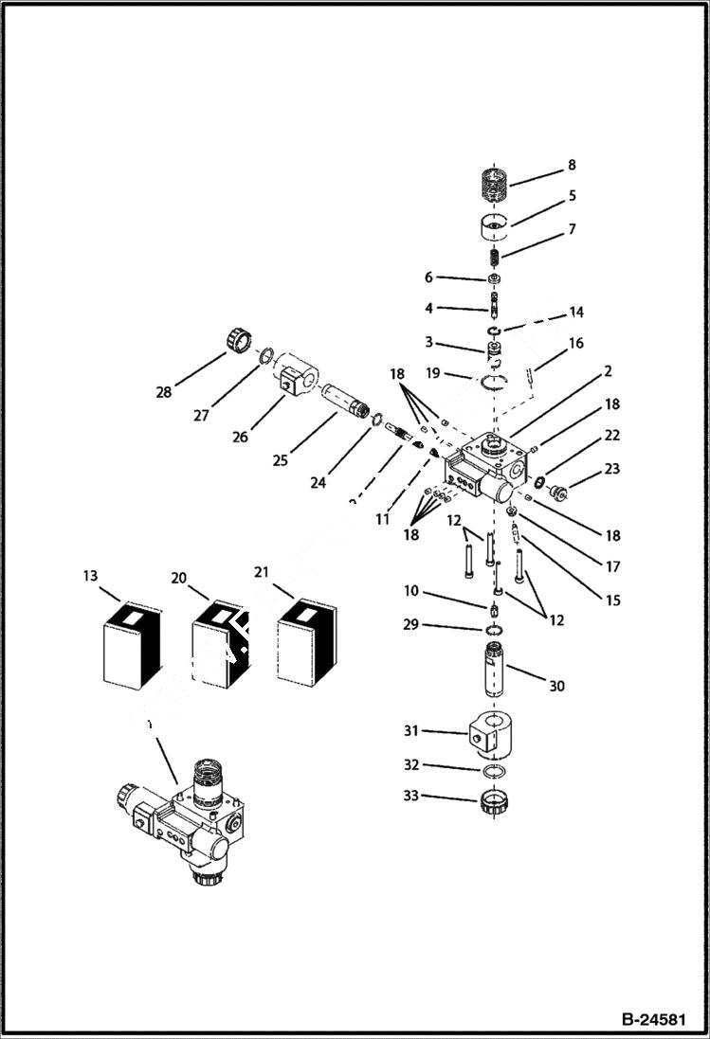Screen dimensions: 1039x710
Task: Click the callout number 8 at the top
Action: [x=572, y=165]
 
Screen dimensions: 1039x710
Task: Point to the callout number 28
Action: [x=163, y=391]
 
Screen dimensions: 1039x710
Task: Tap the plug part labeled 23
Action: [x=561, y=492]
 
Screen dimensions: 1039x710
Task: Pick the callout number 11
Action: [x=382, y=519]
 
